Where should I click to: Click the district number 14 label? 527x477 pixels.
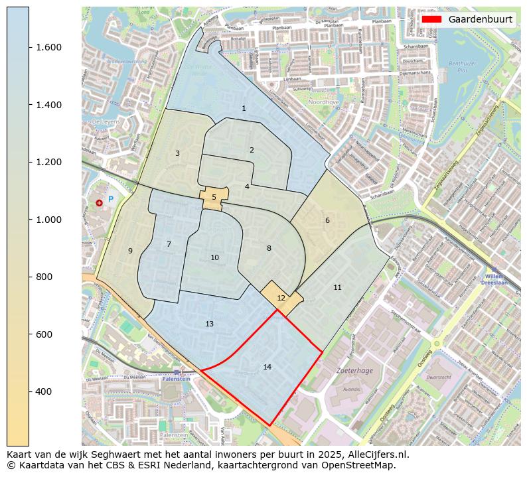(267, 367)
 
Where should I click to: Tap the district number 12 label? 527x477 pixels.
(281, 298)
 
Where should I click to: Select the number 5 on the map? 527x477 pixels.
(214, 197)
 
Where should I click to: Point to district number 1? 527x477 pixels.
(244, 108)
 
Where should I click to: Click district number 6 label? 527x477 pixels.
(327, 220)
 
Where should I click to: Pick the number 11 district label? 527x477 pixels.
(337, 287)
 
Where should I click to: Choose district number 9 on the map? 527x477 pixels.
(130, 251)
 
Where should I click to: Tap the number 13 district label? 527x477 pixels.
(209, 324)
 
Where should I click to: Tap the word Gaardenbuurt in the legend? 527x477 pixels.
(480, 19)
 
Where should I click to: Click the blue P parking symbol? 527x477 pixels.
(111, 199)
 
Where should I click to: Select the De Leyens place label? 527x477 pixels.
(105, 122)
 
